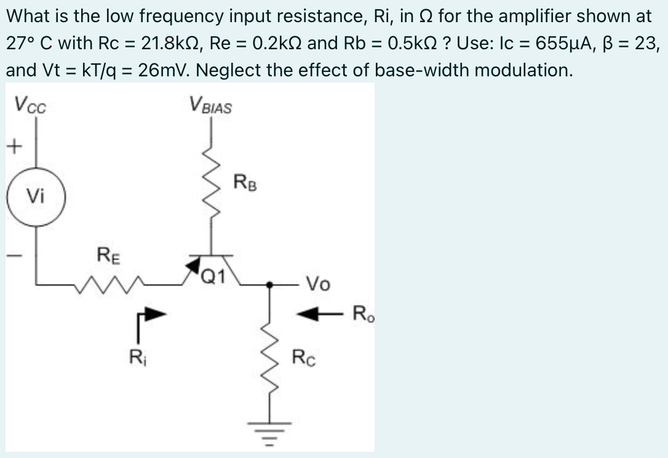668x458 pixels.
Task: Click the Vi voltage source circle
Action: [34, 197]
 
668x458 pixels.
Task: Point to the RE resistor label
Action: [108, 254]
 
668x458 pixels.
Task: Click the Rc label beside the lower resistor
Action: [304, 356]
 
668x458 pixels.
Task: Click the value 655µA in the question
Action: [567, 44]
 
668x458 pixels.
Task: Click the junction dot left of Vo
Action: [269, 284]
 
